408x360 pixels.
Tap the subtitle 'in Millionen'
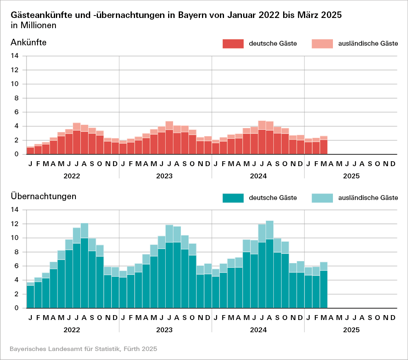33,25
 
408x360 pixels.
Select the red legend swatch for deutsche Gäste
233,44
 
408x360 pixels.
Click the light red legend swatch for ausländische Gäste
322,44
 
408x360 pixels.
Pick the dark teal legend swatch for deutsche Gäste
233,198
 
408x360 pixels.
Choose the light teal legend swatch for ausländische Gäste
322,198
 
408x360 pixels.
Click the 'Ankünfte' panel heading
29,42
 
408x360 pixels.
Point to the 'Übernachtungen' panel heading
44,196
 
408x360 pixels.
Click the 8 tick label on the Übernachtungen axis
17,252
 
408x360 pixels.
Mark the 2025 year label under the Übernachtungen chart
351,330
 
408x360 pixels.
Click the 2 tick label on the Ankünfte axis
17,140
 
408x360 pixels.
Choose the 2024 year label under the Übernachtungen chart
258,330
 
